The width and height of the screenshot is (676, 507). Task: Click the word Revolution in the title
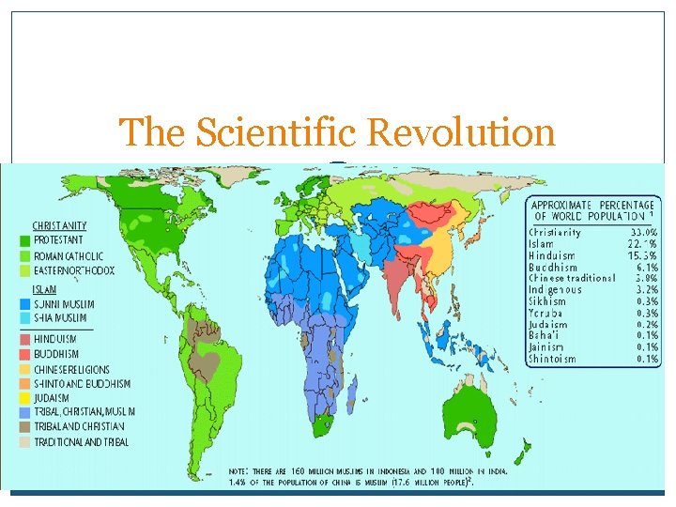click(461, 133)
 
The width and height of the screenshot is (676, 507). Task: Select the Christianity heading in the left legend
click(60, 225)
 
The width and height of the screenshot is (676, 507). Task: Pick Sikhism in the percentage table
click(547, 301)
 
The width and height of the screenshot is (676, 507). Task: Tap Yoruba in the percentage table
click(546, 313)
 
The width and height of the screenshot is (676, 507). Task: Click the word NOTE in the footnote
click(242, 469)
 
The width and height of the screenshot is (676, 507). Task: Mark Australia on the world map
click(479, 427)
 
